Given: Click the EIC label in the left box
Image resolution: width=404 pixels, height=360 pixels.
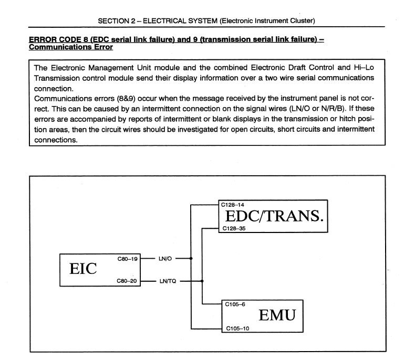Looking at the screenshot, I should pos(84,269).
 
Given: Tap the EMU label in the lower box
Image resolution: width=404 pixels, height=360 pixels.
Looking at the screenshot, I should pos(277,315).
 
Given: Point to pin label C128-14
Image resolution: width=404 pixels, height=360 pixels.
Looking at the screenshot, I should pos(233,204).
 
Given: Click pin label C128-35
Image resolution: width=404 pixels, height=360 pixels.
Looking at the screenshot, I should pos(233,229).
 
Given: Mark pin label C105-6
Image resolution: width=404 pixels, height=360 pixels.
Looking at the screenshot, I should pos(234,304).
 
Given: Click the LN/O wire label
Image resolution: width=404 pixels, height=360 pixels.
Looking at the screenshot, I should pos(165,258).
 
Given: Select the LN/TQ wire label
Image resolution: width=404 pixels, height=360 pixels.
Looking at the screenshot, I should pos(168,281).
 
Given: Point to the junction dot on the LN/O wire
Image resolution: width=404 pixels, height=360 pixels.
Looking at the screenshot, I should pos(191,258).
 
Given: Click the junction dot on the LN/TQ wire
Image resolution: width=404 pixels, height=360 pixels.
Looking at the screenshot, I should pos(202,281).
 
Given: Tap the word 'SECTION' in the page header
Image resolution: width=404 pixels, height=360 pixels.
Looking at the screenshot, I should pos(112,20).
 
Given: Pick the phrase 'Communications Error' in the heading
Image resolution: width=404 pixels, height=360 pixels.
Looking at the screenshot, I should pos(70,47).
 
